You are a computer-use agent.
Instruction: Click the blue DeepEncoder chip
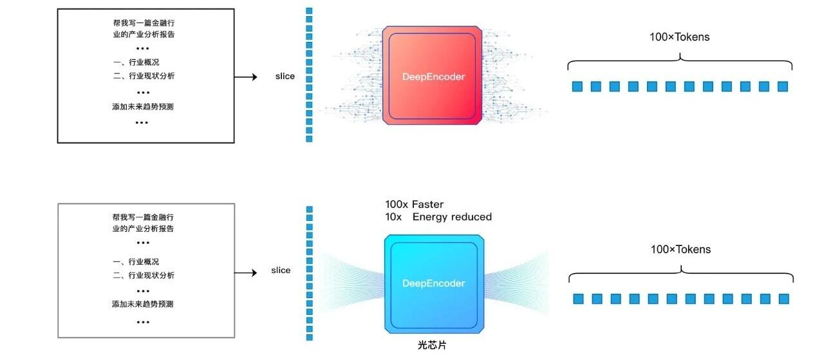point(433,283)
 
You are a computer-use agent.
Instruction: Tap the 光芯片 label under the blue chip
point(432,345)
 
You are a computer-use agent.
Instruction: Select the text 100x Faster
point(414,205)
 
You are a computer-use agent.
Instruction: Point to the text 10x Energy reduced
point(438,217)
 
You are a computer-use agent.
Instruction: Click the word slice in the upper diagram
point(285,76)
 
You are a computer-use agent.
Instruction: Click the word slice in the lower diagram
point(281,270)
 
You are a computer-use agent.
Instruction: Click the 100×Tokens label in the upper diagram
point(679,37)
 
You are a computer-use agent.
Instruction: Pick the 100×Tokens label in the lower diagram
point(680,249)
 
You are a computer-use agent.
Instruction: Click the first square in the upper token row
point(577,86)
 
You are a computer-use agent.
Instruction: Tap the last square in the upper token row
point(783,86)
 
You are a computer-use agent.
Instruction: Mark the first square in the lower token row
point(578,299)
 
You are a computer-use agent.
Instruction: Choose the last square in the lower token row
point(783,299)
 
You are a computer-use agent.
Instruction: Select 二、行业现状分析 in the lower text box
point(143,276)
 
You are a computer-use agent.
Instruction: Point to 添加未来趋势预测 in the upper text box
point(142,107)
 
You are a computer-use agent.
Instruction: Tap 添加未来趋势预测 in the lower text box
point(142,304)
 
